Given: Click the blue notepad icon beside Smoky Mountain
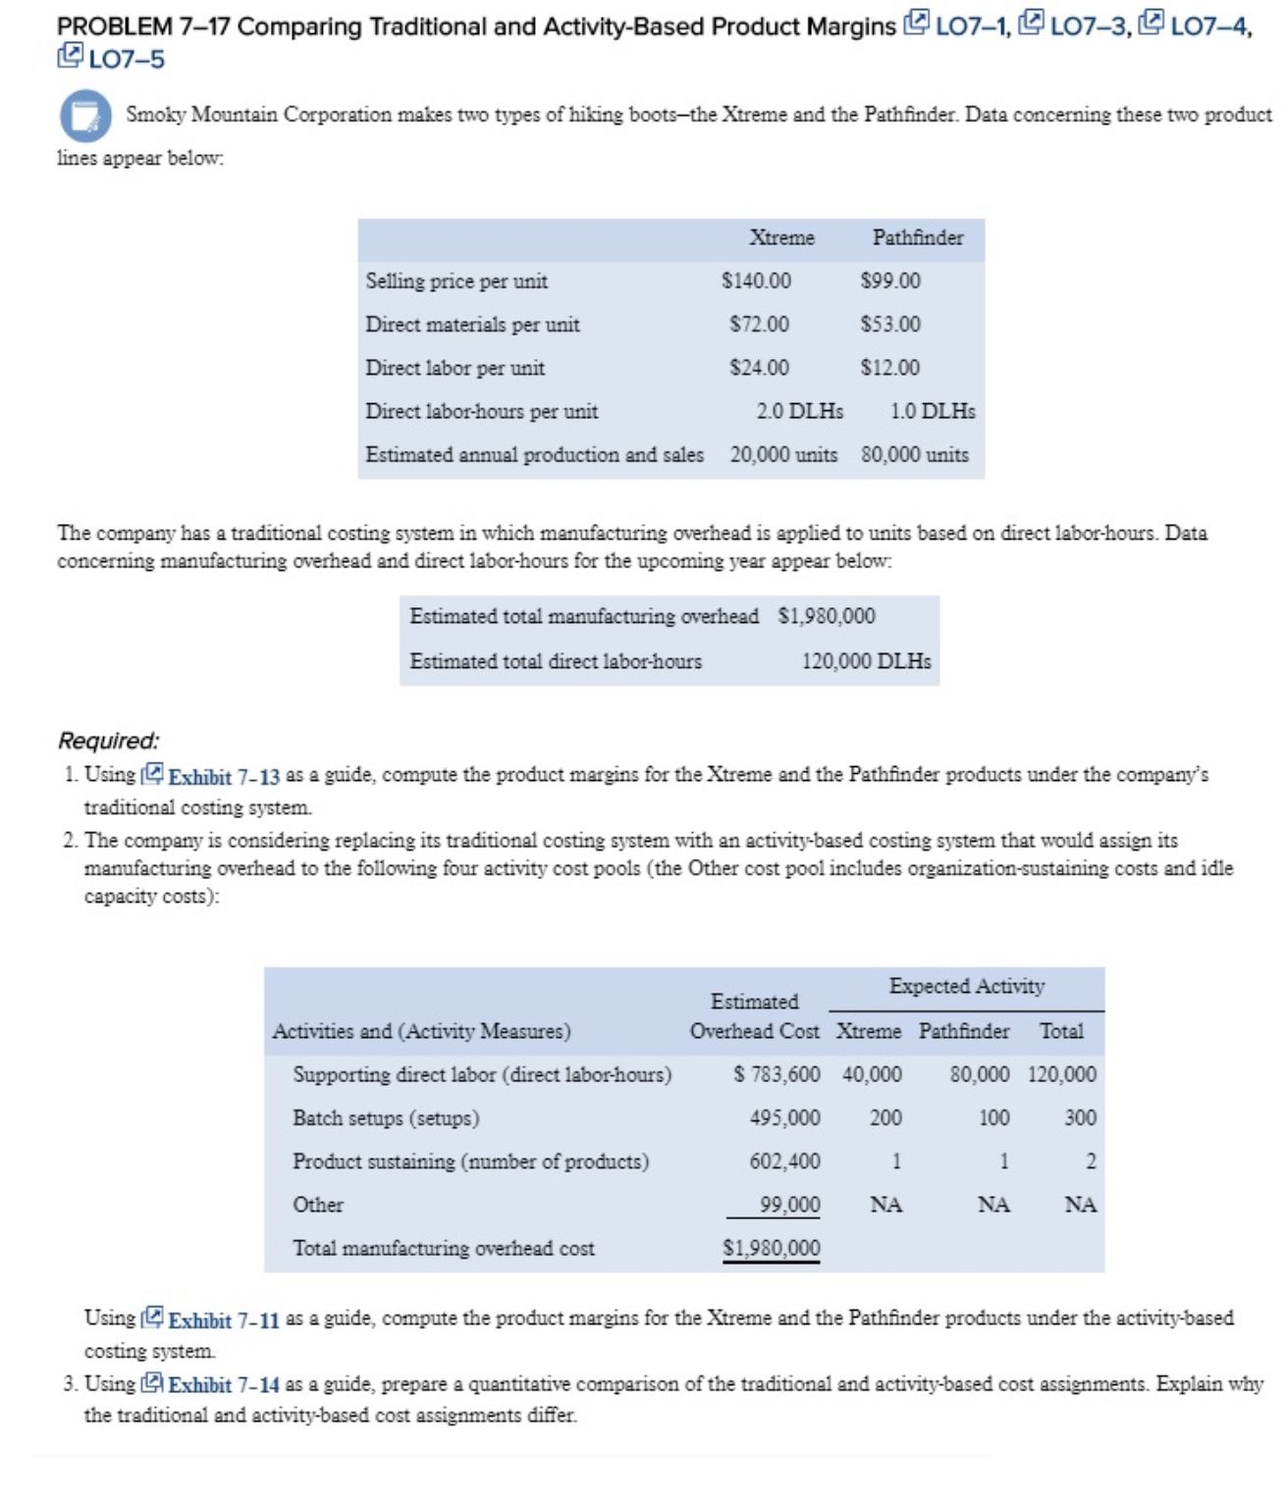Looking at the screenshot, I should point(85,115).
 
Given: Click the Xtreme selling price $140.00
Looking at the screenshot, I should point(756,282).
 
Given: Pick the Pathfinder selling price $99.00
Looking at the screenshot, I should point(890,282).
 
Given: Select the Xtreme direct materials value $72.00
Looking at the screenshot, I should point(759,325).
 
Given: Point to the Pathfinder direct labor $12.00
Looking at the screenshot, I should point(890,368).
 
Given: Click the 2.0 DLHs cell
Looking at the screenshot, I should point(799,411).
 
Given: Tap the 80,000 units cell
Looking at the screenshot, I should point(914,455).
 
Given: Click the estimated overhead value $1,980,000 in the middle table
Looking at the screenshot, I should point(826,616).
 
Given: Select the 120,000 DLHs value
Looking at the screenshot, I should point(866,661).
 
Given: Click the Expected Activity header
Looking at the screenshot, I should point(966,987).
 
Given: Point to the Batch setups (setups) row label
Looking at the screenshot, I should point(386,1118).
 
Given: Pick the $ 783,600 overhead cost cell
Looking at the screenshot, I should point(778,1075).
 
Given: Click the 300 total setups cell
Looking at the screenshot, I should point(1080,1118).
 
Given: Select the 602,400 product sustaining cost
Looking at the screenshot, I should point(784,1162).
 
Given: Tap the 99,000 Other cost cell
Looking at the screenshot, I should point(789,1205).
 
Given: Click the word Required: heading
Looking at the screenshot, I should point(108,741).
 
